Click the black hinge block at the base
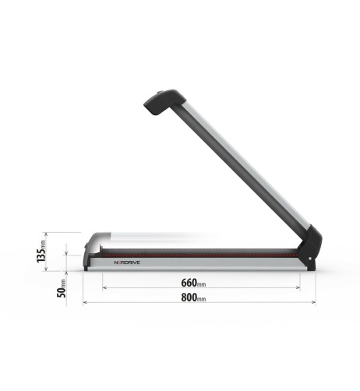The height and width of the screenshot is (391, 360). tap(310, 248)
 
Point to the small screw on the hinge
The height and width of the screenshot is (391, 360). tap(311, 260)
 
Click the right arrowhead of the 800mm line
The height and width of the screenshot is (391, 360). tap(314, 302)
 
